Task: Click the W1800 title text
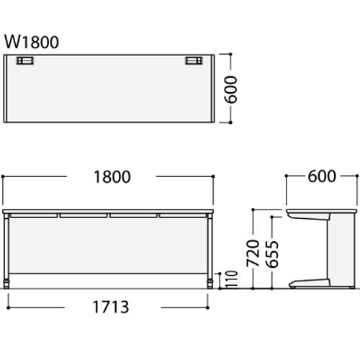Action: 32,42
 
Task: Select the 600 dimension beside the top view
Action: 230,89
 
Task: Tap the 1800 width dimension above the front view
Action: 112,177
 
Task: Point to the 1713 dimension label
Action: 111,307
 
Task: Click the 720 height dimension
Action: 253,253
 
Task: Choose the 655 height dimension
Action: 272,254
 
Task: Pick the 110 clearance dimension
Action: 232,279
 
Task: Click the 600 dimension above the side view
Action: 322,176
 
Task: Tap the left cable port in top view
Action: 24,60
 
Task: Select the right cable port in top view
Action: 194,60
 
